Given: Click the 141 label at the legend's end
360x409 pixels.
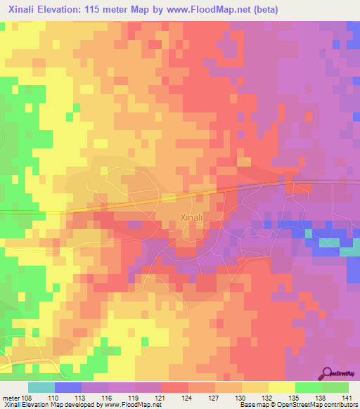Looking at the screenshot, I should click(347, 398).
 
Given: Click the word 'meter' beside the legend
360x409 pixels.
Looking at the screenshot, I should click(11, 398).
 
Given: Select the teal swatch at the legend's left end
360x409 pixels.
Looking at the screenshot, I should click(41, 387).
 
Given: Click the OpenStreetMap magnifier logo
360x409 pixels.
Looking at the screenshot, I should click(327, 372).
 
